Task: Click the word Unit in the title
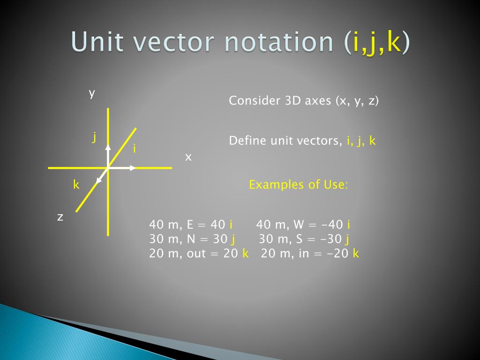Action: (x=100, y=42)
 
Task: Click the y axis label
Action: (x=92, y=93)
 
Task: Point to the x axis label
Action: (x=188, y=157)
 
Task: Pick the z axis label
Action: (x=60, y=217)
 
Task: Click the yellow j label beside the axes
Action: (x=94, y=137)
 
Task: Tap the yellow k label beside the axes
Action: (x=75, y=185)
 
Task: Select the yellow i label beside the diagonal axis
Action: (x=135, y=150)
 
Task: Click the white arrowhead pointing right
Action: (x=133, y=167)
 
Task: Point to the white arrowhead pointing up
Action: (x=108, y=147)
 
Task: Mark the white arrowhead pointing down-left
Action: (x=99, y=181)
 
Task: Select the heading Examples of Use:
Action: (x=299, y=185)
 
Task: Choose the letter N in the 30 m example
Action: (x=191, y=239)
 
